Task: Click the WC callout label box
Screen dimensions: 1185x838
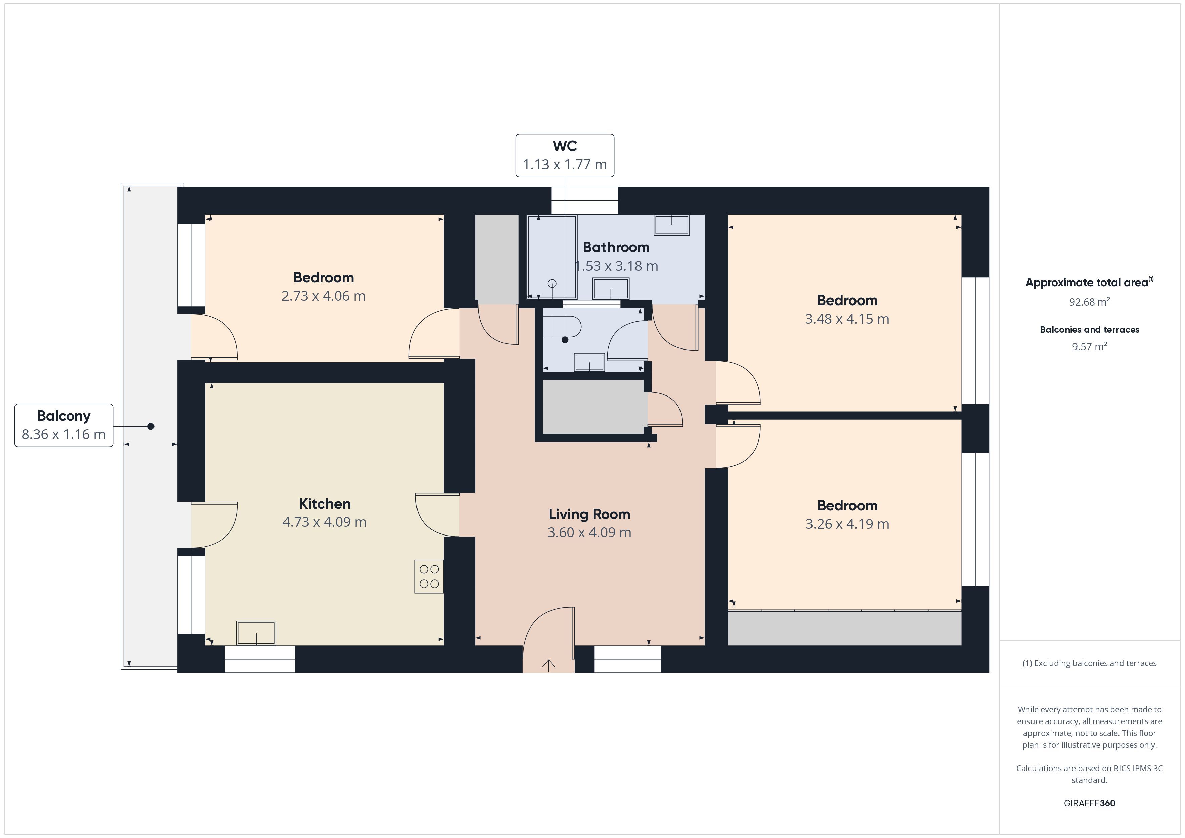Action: (x=565, y=155)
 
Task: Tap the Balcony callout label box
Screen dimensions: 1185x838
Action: (x=63, y=425)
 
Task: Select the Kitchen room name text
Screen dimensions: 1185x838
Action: (x=325, y=504)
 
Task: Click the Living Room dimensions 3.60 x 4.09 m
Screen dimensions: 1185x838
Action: (x=589, y=532)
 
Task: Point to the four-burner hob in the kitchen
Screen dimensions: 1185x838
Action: (x=429, y=576)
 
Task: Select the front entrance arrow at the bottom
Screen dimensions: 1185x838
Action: (x=548, y=666)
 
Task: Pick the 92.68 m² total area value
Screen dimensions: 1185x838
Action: (x=1090, y=302)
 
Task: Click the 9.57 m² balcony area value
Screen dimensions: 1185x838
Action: (x=1090, y=346)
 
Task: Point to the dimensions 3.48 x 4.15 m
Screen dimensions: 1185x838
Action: (x=847, y=319)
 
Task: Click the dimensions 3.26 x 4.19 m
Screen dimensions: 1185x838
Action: (x=847, y=524)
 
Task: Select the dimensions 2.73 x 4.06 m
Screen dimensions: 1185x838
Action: (x=323, y=296)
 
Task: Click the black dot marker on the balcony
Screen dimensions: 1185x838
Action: (x=151, y=426)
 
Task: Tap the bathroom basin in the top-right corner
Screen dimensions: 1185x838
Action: (x=671, y=225)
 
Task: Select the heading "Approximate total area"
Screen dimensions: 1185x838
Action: (x=1087, y=283)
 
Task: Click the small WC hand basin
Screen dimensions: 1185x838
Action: (x=589, y=362)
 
